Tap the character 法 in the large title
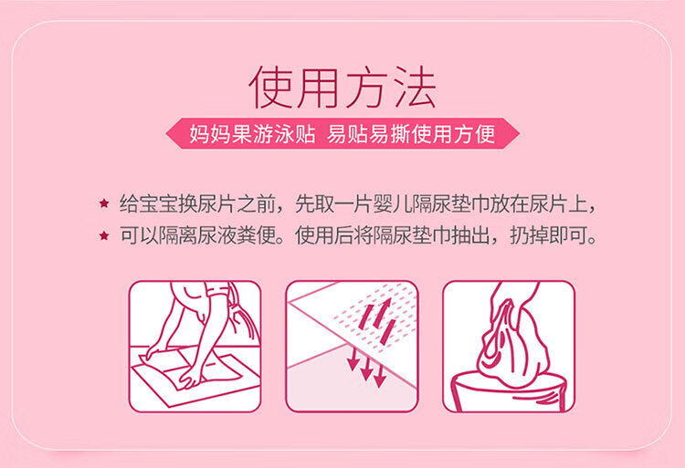[415, 88]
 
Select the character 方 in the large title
[367, 88]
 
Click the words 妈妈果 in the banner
[220, 134]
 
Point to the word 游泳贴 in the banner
[283, 134]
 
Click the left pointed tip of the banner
[166, 133]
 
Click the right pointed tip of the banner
[519, 133]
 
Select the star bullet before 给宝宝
[104, 203]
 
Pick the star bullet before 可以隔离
[104, 236]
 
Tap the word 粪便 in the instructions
[257, 236]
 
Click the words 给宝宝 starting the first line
[149, 204]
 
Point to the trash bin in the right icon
[510, 391]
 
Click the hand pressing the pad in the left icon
[189, 380]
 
